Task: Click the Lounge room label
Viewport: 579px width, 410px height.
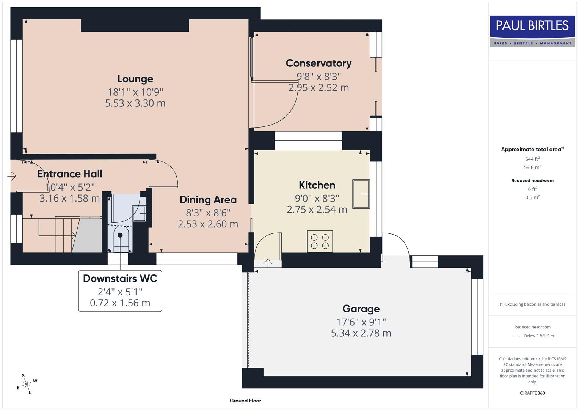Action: [x=135, y=79]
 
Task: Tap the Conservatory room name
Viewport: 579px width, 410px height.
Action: [x=319, y=63]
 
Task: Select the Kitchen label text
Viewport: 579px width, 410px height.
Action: [x=317, y=185]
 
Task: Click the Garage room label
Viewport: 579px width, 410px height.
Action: [x=361, y=309]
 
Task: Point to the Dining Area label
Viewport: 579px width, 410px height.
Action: [x=208, y=200]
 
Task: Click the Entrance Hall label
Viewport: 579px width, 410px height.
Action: [x=70, y=174]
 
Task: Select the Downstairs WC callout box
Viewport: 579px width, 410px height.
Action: [x=120, y=291]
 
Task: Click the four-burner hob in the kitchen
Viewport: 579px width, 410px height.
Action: [x=320, y=241]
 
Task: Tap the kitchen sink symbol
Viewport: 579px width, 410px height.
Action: [x=361, y=194]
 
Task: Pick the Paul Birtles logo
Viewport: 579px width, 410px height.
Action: [x=532, y=31]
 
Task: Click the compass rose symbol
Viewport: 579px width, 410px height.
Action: [x=27, y=384]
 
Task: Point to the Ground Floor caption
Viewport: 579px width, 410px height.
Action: [x=245, y=401]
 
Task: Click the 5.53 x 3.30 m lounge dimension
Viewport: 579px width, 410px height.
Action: [x=135, y=103]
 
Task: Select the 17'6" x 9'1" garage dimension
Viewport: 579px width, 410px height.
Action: [x=361, y=322]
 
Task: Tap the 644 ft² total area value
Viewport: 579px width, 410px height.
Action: [x=532, y=159]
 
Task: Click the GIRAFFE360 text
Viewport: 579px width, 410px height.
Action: [x=532, y=393]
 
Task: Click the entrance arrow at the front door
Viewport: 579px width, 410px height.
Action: [x=12, y=176]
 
